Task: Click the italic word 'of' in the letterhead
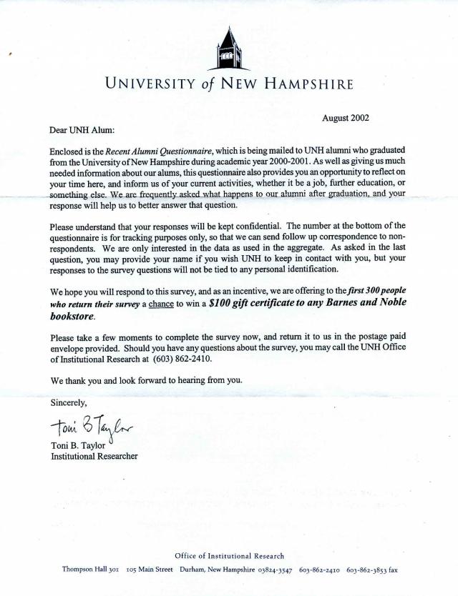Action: pyautogui.click(x=208, y=83)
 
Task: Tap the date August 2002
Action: pyautogui.click(x=345, y=117)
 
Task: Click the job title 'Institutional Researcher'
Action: pyautogui.click(x=94, y=456)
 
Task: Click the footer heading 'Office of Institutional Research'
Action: pyautogui.click(x=229, y=555)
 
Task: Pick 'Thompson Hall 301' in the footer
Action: pyautogui.click(x=89, y=570)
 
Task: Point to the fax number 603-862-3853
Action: pyautogui.click(x=366, y=570)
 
